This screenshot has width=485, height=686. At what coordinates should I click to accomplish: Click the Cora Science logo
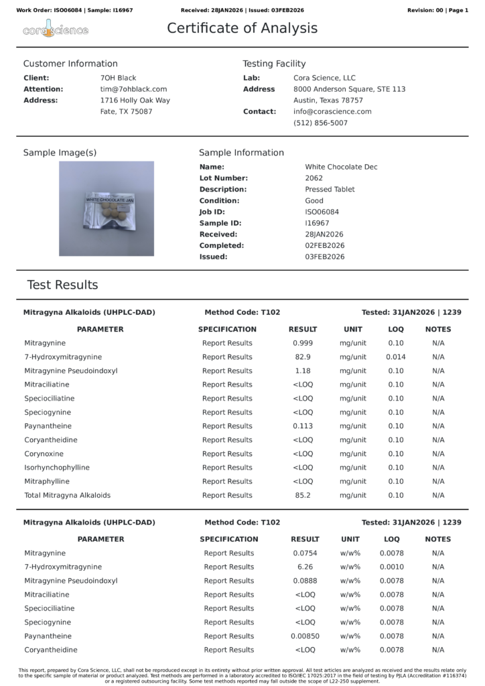tap(56, 29)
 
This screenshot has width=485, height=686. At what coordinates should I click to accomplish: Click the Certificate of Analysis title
tap(242, 28)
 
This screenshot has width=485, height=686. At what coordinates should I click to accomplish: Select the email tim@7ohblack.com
tap(133, 89)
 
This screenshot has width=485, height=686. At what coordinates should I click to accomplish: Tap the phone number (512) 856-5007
tap(320, 123)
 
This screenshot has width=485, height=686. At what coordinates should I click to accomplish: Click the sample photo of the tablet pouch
tap(107, 208)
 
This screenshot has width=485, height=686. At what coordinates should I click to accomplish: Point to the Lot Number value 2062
tap(314, 178)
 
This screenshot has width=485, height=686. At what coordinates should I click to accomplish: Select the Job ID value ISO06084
tap(322, 212)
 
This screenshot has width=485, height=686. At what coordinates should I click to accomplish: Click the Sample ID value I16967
tap(317, 223)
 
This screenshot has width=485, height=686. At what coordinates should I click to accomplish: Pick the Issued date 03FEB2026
tap(324, 257)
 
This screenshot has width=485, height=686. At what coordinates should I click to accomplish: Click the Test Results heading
tap(62, 285)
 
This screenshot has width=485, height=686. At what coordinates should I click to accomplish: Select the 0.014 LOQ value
tap(396, 357)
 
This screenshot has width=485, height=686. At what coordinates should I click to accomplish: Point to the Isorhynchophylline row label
tap(57, 468)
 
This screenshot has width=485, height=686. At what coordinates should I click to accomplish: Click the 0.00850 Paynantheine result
tap(305, 636)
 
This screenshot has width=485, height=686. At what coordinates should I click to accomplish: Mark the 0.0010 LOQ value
tap(392, 567)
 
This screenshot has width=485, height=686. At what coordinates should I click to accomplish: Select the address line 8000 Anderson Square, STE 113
tap(349, 89)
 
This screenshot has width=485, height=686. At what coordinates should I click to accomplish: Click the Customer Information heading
tap(70, 64)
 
